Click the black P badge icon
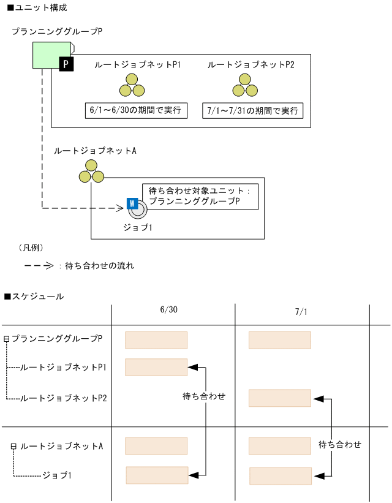(x=66, y=64)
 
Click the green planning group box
(x=51, y=55)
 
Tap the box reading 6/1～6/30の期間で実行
(x=135, y=111)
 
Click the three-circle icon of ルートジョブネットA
(x=91, y=172)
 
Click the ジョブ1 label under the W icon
(x=137, y=229)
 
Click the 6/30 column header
(x=168, y=311)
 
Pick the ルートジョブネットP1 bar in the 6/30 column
(x=156, y=367)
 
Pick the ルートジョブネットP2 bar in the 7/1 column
(x=280, y=398)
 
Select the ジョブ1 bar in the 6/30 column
(x=157, y=475)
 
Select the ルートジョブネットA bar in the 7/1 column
(x=280, y=445)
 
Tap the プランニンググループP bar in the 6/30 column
(x=156, y=340)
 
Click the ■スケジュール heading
(x=34, y=297)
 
